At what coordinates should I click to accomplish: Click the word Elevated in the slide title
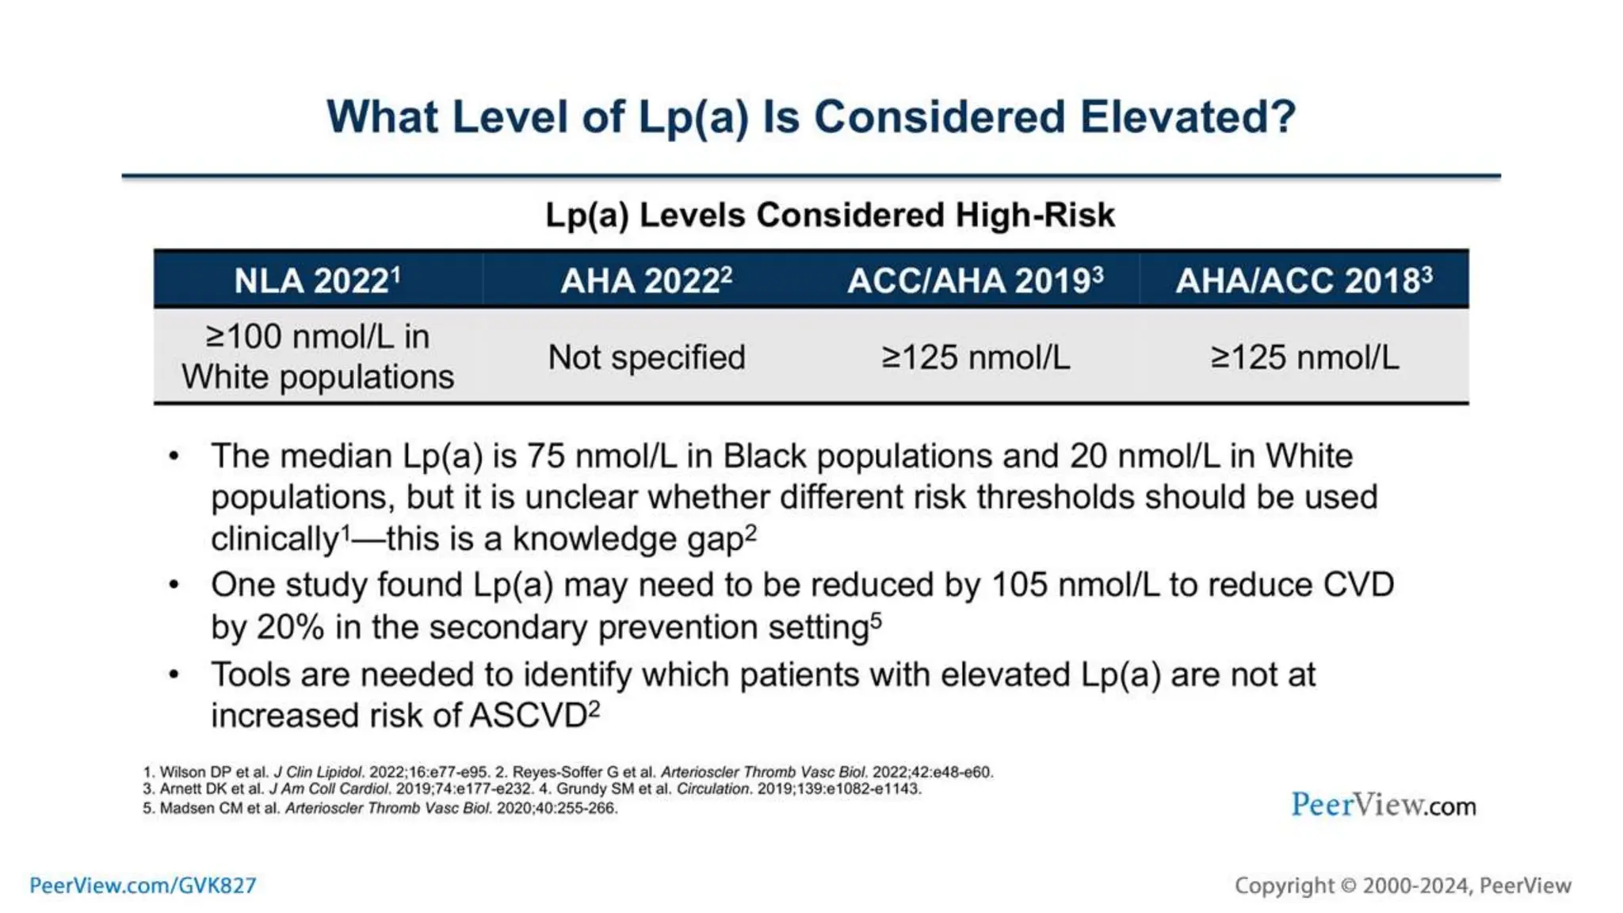pyautogui.click(x=1186, y=117)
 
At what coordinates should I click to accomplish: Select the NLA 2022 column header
pyautogui.click(x=318, y=281)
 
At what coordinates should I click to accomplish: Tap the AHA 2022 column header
pyautogui.click(x=646, y=281)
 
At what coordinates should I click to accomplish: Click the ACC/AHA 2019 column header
pyautogui.click(x=975, y=281)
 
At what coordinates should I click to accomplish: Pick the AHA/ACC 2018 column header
pyautogui.click(x=1304, y=281)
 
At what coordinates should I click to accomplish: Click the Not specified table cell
pyautogui.click(x=646, y=357)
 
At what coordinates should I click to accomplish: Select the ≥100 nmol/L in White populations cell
pyautogui.click(x=318, y=357)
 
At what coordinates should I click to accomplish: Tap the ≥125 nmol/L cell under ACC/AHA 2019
pyautogui.click(x=975, y=357)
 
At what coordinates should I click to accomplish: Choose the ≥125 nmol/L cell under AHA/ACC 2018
pyautogui.click(x=1304, y=357)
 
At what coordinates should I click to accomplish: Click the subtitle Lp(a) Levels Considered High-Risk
pyautogui.click(x=830, y=215)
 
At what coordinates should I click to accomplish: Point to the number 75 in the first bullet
pyautogui.click(x=545, y=456)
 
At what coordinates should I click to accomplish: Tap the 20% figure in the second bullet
pyautogui.click(x=291, y=628)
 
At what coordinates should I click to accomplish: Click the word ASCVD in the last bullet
pyautogui.click(x=528, y=716)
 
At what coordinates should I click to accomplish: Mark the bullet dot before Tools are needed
pyautogui.click(x=174, y=674)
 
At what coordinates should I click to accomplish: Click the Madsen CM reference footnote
pyautogui.click(x=380, y=808)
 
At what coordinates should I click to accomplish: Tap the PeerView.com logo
pyautogui.click(x=1383, y=805)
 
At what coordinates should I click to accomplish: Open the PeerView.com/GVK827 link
pyautogui.click(x=143, y=885)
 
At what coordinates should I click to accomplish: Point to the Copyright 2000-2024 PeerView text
pyautogui.click(x=1402, y=885)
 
